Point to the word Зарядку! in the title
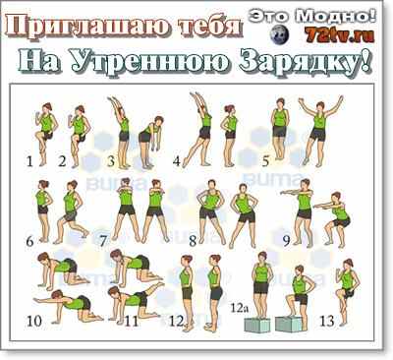coord(307,61)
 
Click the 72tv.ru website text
coord(340,34)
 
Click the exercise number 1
coord(30,161)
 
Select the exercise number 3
coord(111,161)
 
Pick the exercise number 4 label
coord(177,161)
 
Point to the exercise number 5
coord(265,161)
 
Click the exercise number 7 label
coord(103,242)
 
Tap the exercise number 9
coord(287,241)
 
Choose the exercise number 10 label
coord(34,321)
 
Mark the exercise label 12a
coord(239,308)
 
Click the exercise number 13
coord(326,321)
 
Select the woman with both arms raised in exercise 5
coord(319,131)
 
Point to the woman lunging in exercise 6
coord(71,212)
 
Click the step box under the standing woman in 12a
coord(257,326)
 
